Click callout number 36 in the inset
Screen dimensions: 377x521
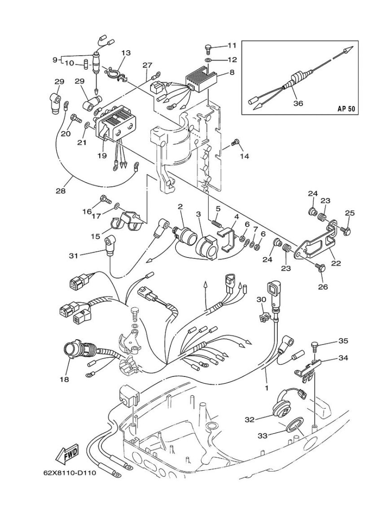coord(298,103)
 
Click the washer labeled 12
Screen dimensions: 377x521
coord(208,60)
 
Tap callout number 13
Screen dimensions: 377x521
coord(126,53)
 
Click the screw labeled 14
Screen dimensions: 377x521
coord(235,143)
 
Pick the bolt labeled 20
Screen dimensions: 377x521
coord(76,118)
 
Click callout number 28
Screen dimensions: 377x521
coord(61,191)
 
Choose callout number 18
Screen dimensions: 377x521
coord(65,379)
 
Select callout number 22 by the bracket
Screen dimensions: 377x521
coord(336,263)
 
